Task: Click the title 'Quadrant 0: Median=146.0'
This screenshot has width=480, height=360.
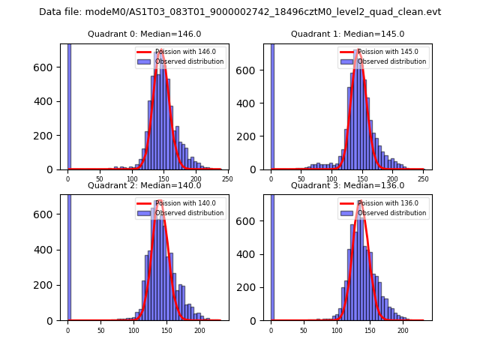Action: [145, 34]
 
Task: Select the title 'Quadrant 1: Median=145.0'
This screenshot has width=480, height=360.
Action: [347, 34]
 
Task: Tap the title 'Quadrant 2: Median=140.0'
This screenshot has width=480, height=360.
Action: [145, 185]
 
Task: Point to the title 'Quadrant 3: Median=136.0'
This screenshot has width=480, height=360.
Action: [347, 185]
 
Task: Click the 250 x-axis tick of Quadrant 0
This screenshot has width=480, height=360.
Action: [227, 179]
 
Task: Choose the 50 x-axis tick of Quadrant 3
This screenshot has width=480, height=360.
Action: [304, 330]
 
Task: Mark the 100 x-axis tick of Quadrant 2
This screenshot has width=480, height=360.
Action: [133, 330]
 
